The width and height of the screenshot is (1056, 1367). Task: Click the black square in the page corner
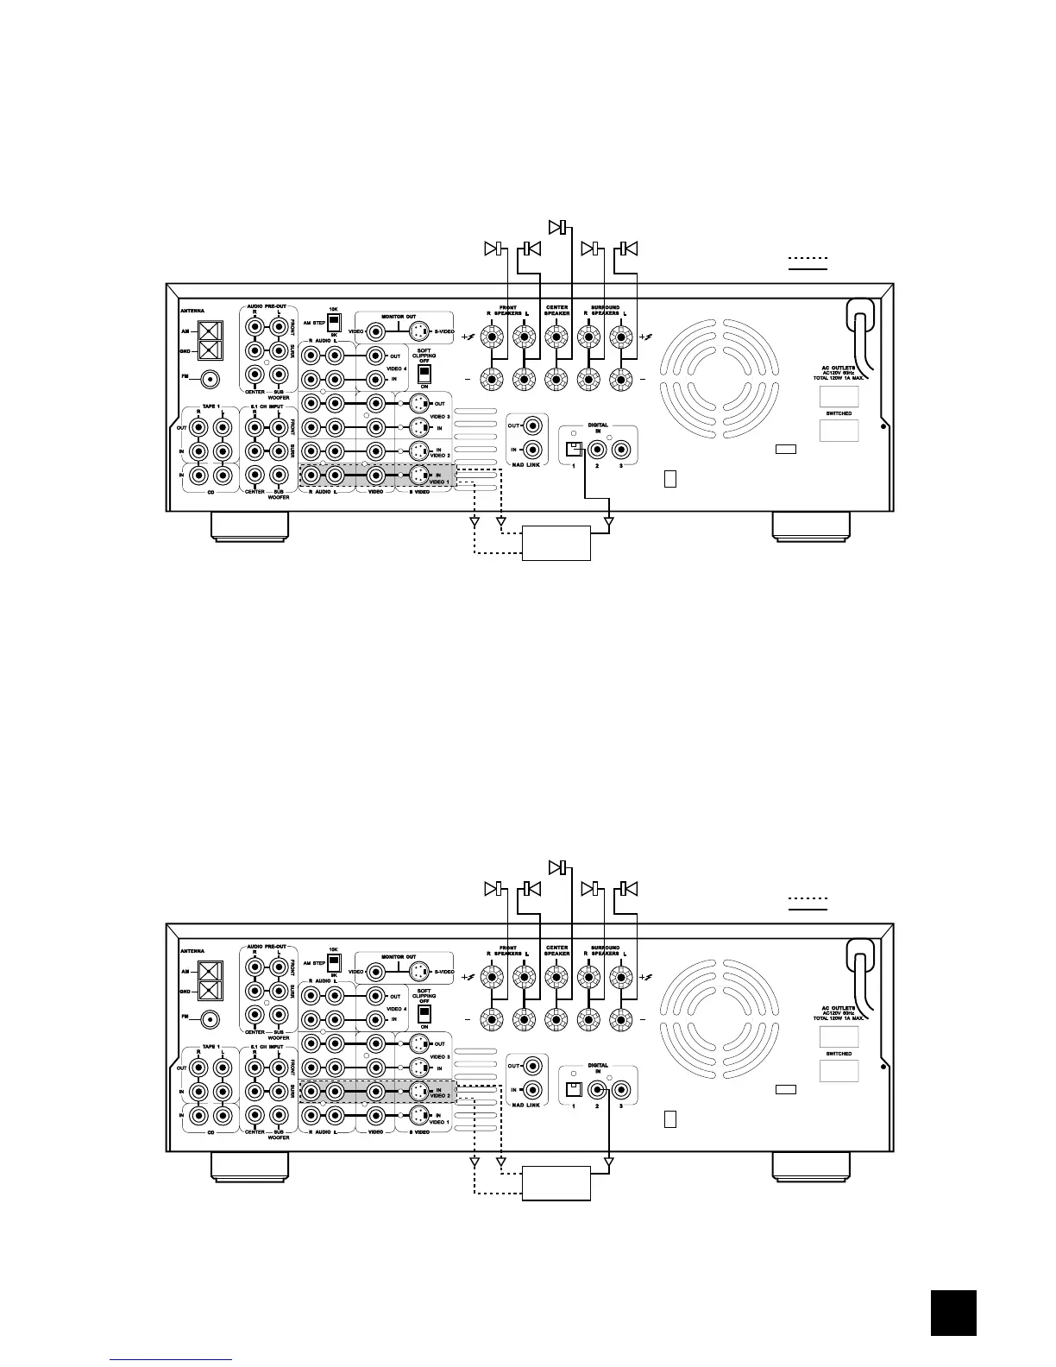pyautogui.click(x=953, y=1313)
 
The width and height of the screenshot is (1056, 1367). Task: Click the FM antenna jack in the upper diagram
pyautogui.click(x=210, y=378)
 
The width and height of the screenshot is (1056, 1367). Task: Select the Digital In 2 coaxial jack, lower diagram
pyautogui.click(x=596, y=1089)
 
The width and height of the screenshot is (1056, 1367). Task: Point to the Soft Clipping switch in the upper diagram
pyautogui.click(x=424, y=374)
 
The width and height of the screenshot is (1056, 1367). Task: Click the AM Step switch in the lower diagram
pyautogui.click(x=334, y=961)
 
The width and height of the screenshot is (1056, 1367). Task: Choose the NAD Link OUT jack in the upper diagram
pyautogui.click(x=534, y=425)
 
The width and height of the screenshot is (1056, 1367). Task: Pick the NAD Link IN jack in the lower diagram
pyautogui.click(x=534, y=1090)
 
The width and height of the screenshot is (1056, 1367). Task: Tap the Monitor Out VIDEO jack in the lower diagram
pyautogui.click(x=376, y=971)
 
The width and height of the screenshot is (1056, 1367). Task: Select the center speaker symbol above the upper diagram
pyautogui.click(x=559, y=227)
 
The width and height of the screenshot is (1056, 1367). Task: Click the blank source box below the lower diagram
pyautogui.click(x=556, y=1183)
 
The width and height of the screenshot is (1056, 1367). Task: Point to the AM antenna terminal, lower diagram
pyautogui.click(x=211, y=971)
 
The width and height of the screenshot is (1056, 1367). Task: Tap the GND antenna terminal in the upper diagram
pyautogui.click(x=211, y=351)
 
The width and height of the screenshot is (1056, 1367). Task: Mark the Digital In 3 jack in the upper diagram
pyautogui.click(x=620, y=449)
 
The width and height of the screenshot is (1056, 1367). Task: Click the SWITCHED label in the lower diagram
pyautogui.click(x=838, y=1054)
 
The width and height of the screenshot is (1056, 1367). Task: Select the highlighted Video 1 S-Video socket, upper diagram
pyautogui.click(x=418, y=475)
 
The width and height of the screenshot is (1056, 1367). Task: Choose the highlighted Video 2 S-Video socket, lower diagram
pyautogui.click(x=418, y=1091)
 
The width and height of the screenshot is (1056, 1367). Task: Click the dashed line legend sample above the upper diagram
pyautogui.click(x=808, y=258)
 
